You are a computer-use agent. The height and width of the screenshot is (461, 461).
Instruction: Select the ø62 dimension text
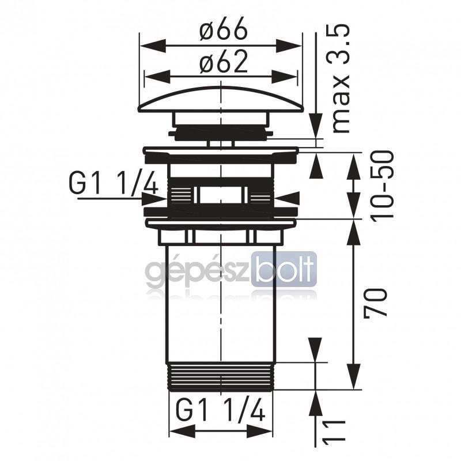coord(223,62)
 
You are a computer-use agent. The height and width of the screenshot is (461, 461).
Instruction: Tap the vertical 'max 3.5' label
coord(341,79)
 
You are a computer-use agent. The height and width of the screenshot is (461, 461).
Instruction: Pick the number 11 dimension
coord(334,430)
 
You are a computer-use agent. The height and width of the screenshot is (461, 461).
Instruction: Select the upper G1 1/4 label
coord(113,183)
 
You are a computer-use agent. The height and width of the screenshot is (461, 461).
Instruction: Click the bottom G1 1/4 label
coord(221,409)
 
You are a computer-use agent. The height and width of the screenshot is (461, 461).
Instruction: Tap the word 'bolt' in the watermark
coord(284,269)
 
